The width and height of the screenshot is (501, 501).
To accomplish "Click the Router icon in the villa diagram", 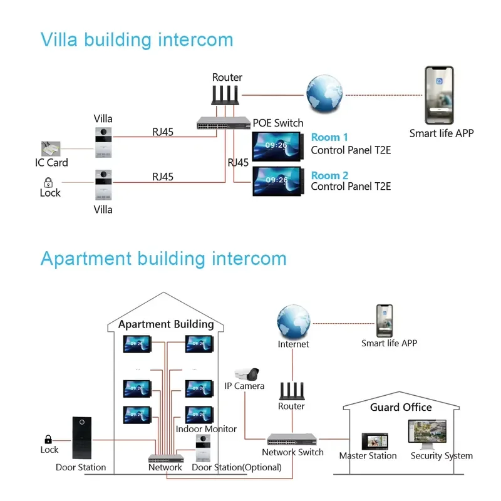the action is point(225,95).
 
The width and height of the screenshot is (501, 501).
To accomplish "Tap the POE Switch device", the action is point(224,123).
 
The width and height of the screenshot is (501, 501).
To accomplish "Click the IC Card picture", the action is point(51,148).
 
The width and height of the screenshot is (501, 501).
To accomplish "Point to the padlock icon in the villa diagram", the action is point(48,182).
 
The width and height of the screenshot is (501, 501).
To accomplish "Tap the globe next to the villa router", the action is point(324,93).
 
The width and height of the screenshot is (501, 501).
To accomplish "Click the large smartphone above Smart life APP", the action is point(440,95).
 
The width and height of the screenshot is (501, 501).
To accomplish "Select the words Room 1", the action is point(329,137).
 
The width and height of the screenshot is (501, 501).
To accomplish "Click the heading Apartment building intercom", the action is point(163,259).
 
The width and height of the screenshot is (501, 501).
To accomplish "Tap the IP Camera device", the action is point(247,374).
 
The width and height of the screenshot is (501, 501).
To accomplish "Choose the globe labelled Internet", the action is point(293,322).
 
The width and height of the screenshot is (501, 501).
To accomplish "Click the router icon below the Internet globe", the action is point(292,391).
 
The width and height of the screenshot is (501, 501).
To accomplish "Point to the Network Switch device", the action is point(292,440).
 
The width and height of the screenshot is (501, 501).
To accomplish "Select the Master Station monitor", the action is point(374,442).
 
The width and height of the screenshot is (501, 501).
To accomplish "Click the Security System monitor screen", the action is point(427,431).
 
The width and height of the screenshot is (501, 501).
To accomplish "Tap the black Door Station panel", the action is point(82,438).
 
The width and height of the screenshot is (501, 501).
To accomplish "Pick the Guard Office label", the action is point(401,407).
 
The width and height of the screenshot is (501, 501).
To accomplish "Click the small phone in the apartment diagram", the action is point(385,321).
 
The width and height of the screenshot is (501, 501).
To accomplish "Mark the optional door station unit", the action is point(203,448).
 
